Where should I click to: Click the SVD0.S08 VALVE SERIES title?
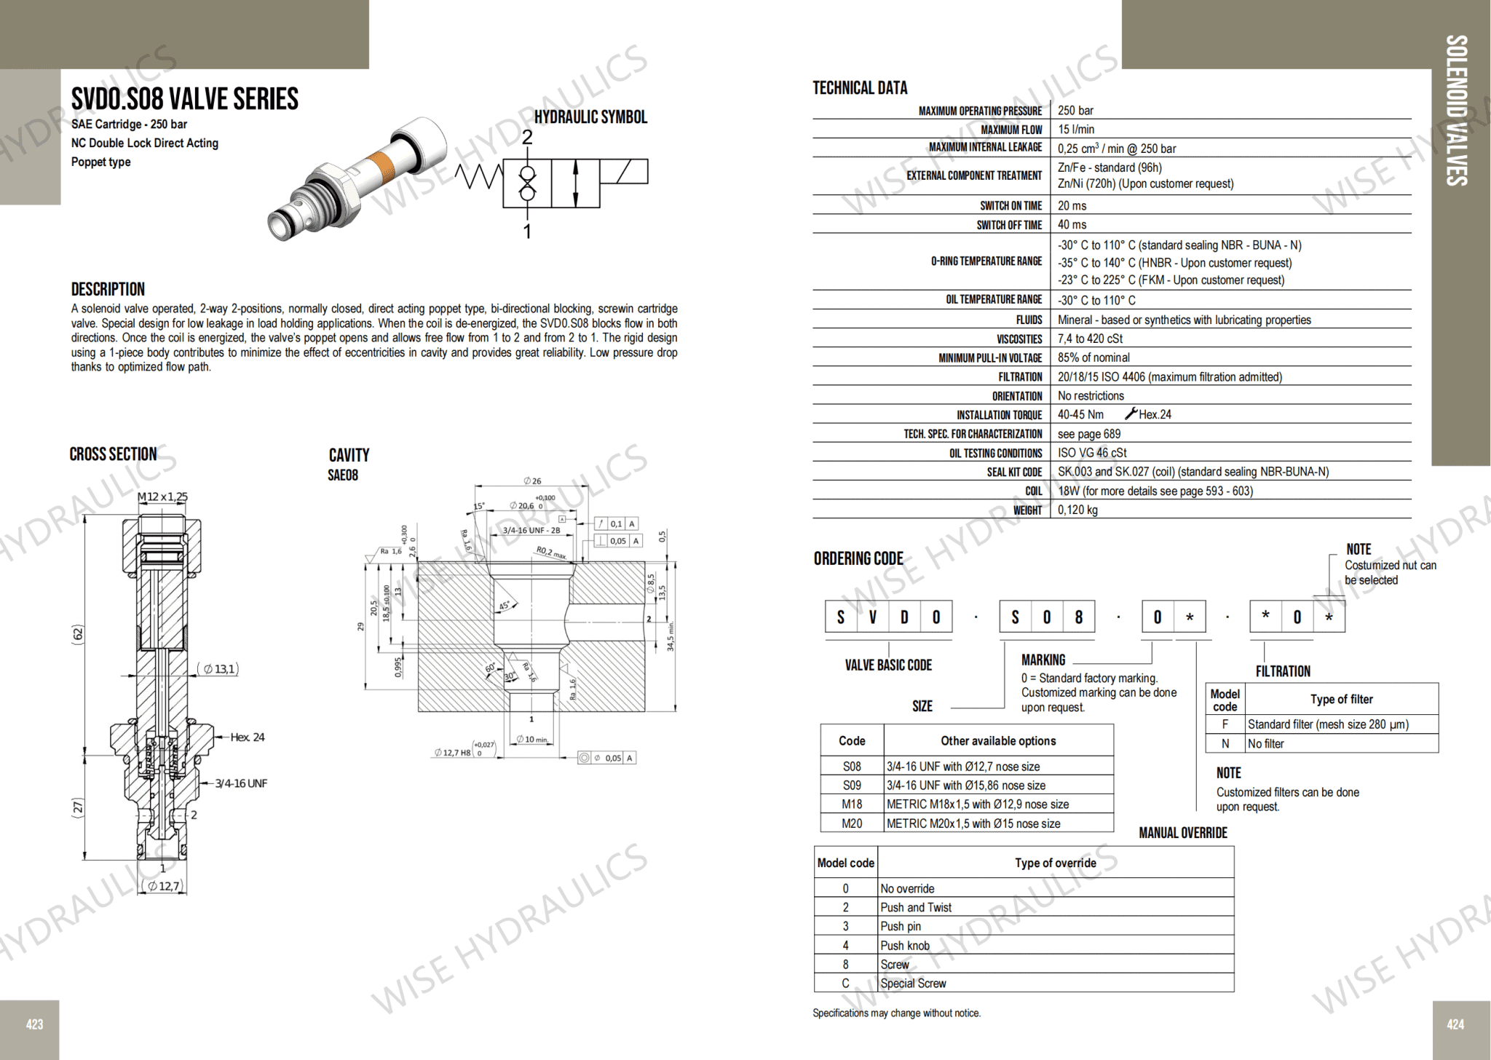185,99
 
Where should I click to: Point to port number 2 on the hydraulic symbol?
527,138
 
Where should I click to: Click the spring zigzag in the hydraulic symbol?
478,176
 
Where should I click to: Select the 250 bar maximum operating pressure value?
1075,111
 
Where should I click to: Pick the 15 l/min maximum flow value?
1075,130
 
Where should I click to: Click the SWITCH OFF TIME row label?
1009,225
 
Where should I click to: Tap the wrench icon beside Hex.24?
1131,414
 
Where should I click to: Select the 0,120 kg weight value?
1077,510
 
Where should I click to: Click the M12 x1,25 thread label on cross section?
162,497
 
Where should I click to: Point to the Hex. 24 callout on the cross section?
248,737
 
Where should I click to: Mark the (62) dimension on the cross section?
78,633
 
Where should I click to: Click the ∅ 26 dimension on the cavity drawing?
532,480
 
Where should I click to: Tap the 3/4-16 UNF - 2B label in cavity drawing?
531,530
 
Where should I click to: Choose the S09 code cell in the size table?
852,786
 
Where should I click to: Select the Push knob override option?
905,946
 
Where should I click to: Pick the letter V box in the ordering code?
872,617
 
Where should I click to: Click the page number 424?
1455,1024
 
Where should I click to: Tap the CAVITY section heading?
349,456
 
